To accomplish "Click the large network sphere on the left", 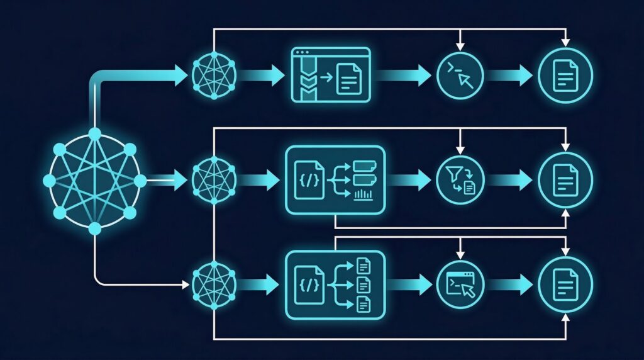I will click(94, 181).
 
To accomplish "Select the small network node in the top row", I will click(214, 76).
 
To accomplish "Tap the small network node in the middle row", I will click(214, 180).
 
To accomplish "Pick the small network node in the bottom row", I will click(214, 284).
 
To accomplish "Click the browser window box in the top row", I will click(331, 76).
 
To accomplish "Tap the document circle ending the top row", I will click(565, 76).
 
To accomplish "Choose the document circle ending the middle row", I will click(565, 180).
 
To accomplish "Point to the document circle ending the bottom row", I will click(565, 284).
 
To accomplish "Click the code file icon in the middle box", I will click(310, 180).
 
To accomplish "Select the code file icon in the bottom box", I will click(310, 284).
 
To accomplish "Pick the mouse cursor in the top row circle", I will click(467, 80).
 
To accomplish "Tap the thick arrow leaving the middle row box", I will click(409, 180).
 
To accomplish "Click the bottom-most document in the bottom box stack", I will click(364, 305).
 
